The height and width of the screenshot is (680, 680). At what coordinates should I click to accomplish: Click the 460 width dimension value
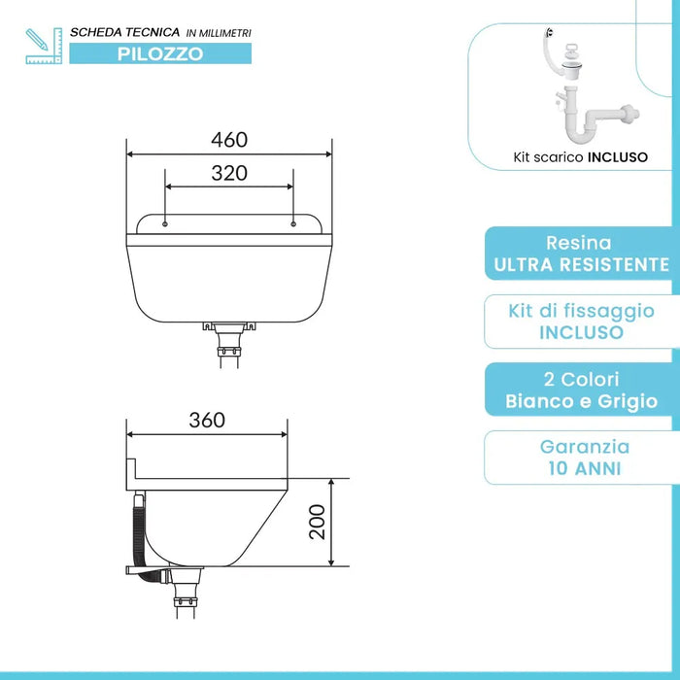point(229,140)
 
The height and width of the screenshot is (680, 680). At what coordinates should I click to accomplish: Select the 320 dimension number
point(229,174)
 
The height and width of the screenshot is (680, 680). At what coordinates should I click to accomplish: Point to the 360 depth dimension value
point(207,420)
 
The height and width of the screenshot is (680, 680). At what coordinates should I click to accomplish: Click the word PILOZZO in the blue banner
point(161,53)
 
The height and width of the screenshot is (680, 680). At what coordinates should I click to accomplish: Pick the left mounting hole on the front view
point(166,224)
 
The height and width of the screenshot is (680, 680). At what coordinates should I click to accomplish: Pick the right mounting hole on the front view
point(293,224)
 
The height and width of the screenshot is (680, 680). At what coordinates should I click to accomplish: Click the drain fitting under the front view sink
point(229,335)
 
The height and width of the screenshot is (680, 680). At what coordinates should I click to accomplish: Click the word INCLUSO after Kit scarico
point(617,156)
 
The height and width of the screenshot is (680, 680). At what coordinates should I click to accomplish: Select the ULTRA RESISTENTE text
point(581,264)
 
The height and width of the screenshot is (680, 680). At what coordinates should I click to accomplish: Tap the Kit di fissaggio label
point(581,311)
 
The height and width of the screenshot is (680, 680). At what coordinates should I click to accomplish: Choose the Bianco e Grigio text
point(581,400)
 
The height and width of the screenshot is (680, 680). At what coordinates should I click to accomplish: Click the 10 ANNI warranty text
point(581,468)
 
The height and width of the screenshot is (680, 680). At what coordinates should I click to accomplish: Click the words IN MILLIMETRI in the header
point(218,33)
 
